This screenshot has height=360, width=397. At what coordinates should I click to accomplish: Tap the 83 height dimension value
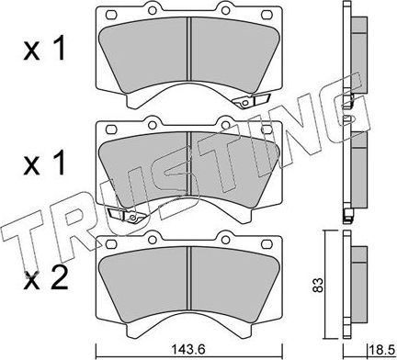coord(318,285)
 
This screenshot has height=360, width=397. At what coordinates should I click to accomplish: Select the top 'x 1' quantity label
coord(44,49)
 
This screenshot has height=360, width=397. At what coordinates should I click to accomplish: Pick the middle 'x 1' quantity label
coord(44,163)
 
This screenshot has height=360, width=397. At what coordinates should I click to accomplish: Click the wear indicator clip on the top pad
coord(251,100)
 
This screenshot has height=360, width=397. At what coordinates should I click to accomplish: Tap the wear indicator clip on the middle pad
coord(127,215)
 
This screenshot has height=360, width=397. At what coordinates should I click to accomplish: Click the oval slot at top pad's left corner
coord(111,15)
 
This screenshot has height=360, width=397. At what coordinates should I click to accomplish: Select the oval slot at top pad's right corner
coord(267,15)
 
